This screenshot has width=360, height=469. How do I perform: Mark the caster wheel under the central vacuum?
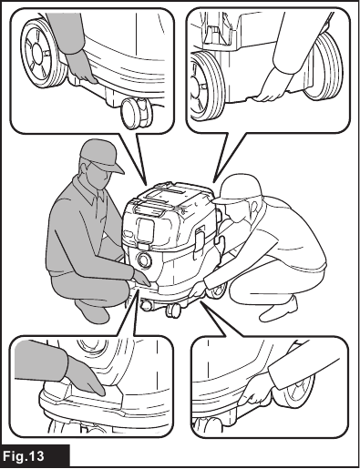tap(173, 311)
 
